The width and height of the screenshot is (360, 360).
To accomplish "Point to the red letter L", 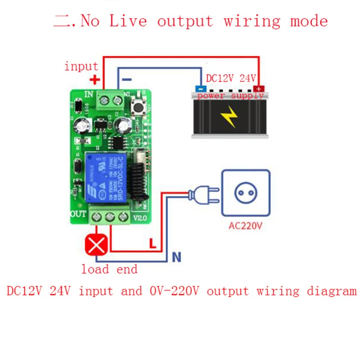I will click(153, 243).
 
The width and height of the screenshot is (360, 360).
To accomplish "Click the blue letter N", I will click(176, 257).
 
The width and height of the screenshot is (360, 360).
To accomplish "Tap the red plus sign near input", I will click(94, 80).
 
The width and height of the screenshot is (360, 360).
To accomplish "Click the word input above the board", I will click(81, 67).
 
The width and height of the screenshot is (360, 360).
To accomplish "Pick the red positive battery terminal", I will click(258, 89).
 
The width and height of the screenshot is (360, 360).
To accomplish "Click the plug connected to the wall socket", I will click(202, 195).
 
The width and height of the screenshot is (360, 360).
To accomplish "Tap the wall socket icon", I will click(245, 194).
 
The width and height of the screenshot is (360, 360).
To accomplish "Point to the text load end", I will click(109, 270).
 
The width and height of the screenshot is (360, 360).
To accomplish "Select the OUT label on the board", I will click(78, 213).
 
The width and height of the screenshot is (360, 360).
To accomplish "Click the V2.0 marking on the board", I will click(140, 219).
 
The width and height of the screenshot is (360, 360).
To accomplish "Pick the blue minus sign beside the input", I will click(127, 80).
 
